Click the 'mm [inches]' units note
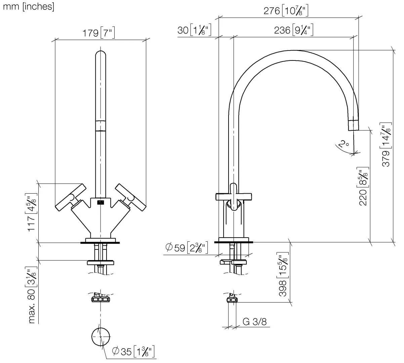coord(28,7)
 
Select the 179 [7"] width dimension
coord(99,33)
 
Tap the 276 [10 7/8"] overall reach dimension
coord(286,11)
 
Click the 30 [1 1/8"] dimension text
coord(194,30)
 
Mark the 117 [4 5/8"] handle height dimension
coord(32,214)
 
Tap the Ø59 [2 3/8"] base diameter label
coord(187,248)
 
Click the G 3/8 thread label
coord(254,322)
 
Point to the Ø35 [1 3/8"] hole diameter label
coord(133,352)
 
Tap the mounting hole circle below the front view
coord(100,336)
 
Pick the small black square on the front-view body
coord(100,202)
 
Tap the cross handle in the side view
coord(234,197)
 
